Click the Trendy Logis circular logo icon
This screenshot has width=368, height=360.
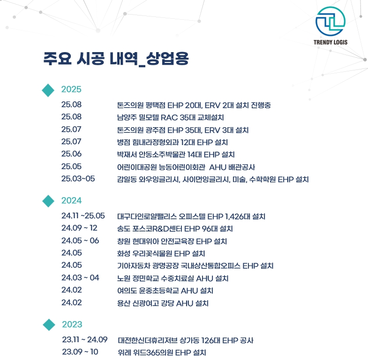(330, 21)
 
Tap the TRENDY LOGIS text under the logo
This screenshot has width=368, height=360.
(330, 42)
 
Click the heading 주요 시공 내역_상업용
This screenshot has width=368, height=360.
(116, 59)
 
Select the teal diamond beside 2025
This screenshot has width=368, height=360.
(48, 90)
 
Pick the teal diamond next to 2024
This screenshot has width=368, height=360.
(48, 201)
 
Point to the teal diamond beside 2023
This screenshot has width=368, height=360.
(49, 325)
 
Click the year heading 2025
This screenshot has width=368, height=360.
(71, 89)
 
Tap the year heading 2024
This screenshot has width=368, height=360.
(72, 200)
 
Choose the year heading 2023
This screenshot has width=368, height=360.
(72, 324)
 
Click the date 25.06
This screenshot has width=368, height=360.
(71, 154)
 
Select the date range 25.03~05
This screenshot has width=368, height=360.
(78, 179)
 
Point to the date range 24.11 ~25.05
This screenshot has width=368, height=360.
(83, 216)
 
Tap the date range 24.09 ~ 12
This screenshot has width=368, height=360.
(79, 228)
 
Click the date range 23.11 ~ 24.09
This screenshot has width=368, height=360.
(85, 339)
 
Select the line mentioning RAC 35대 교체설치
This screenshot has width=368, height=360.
(171, 117)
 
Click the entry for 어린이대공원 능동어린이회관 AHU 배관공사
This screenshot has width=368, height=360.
(186, 167)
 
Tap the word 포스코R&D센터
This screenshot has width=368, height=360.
(157, 229)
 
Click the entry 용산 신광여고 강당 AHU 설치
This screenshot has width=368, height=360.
(163, 303)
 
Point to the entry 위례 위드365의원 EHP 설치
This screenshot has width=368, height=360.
(162, 352)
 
